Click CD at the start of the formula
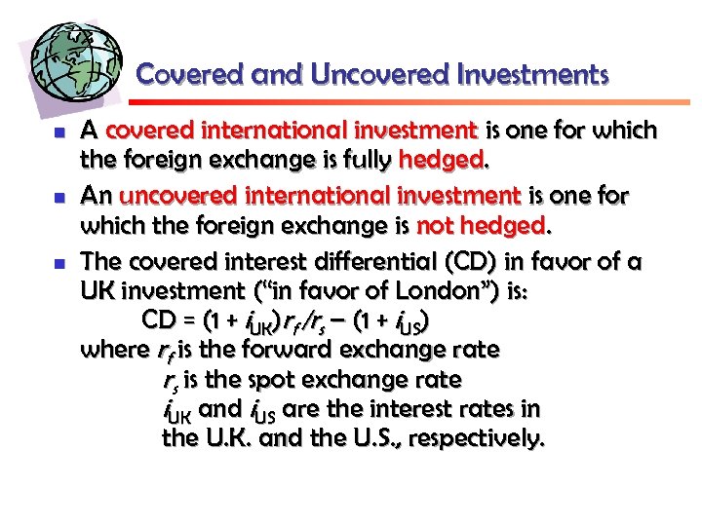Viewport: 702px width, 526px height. [159, 320]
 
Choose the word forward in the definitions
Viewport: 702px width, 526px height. [312, 350]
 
